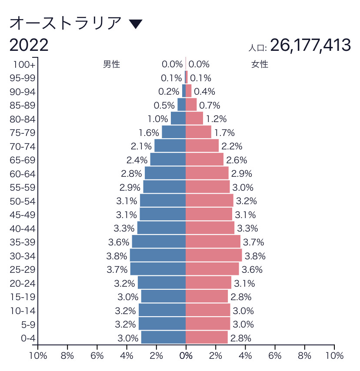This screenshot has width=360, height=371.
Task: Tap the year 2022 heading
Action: pyautogui.click(x=29, y=45)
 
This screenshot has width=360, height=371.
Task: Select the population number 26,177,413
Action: pyautogui.click(x=310, y=45)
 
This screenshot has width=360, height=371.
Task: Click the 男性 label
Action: pyautogui.click(x=111, y=64)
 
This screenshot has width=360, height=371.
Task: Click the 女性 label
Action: pyautogui.click(x=260, y=64)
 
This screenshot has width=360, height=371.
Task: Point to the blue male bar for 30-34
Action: pyautogui.click(x=158, y=255)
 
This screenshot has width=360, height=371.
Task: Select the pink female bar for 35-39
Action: pyautogui.click(x=213, y=242)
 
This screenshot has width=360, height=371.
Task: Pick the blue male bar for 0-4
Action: pyautogui.click(x=163, y=338)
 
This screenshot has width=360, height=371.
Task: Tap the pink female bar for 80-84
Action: pyautogui.click(x=194, y=119)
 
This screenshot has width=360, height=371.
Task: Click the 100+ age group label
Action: pyautogui.click(x=24, y=64)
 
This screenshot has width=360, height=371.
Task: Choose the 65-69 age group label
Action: pyautogui.click(x=22, y=160)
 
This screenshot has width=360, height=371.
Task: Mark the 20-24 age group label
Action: pyautogui.click(x=22, y=283)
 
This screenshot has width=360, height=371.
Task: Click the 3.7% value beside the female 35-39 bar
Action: pyautogui.click(x=253, y=242)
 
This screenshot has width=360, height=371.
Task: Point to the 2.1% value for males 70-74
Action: pyautogui.click(x=141, y=146)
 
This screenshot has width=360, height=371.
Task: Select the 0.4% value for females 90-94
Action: pyautogui.click(x=204, y=92)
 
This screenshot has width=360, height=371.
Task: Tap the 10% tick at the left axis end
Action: pyautogui.click(x=38, y=356)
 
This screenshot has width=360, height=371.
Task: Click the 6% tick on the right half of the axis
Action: pyautogui.click(x=275, y=356)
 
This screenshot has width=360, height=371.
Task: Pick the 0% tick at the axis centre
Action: pyautogui.click(x=186, y=356)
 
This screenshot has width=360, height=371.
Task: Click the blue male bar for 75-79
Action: pyautogui.click(x=174, y=132)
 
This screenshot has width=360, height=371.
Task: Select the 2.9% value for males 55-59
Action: pyautogui.click(x=130, y=187)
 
